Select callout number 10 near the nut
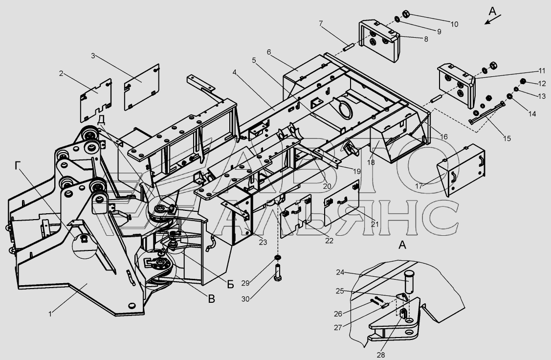pyautogui.click(x=454, y=23)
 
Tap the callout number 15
pyautogui.click(x=506, y=138)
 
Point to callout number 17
pyautogui.click(x=419, y=186)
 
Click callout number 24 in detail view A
pyautogui.click(x=340, y=273)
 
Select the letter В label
pyautogui.click(x=211, y=299)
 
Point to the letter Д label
pyautogui.click(x=101, y=120)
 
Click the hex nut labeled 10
pyautogui.click(x=405, y=14)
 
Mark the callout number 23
pyautogui.click(x=263, y=242)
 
